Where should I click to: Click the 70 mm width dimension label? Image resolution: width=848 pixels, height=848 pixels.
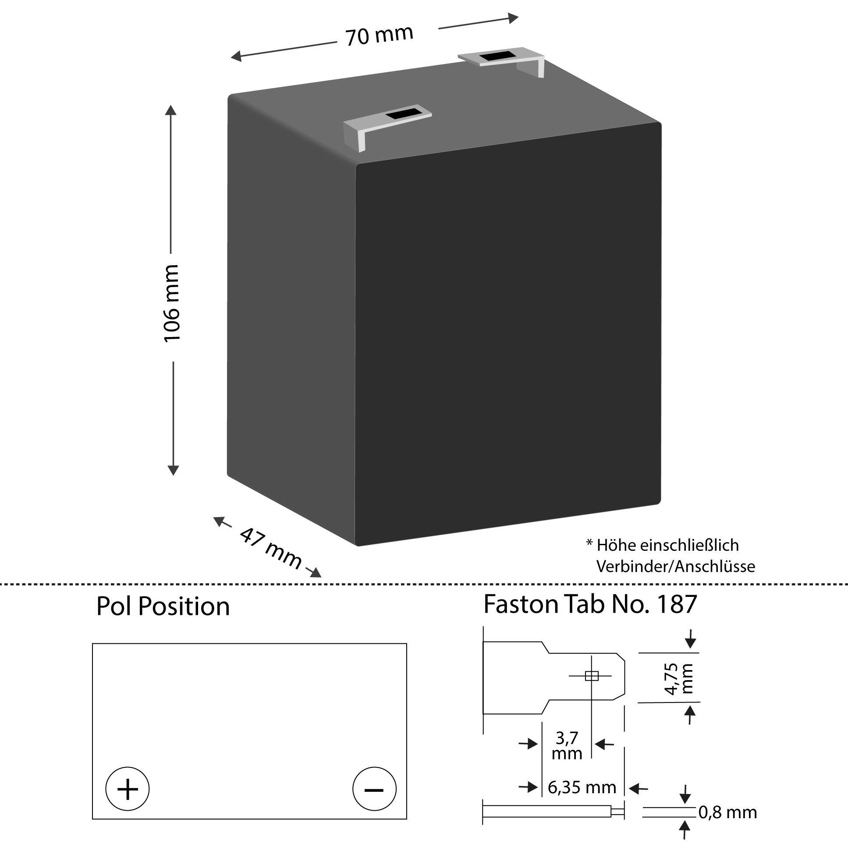coord(379,35)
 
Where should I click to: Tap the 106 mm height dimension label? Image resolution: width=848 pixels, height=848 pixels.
coord(172,303)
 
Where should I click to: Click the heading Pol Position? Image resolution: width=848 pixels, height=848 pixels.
coord(163,607)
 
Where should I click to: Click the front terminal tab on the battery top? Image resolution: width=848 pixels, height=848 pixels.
coord(387,125)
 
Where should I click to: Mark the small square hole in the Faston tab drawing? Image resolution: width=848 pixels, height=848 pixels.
coord(591,676)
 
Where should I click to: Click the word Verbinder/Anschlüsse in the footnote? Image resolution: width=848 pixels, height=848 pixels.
coord(675,567)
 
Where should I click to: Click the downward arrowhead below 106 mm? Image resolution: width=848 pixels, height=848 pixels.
coord(174,470)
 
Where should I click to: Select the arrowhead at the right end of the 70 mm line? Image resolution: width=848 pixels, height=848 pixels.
coord(513,18)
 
